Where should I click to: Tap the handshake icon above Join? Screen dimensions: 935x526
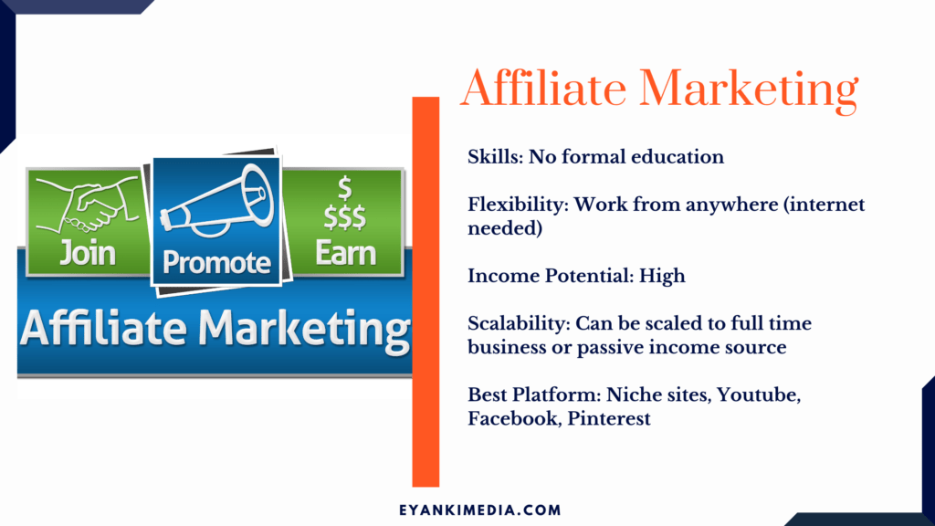coord(88,205)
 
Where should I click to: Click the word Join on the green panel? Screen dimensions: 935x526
coord(87,253)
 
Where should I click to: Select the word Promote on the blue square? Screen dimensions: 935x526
coord(216,262)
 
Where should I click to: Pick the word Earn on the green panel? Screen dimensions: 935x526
coord(345,253)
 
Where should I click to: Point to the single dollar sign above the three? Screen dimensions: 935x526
coord(344,188)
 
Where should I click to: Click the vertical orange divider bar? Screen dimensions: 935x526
coord(425,291)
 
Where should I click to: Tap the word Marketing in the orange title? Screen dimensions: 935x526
coord(749,89)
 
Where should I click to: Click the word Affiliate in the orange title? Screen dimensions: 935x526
coord(543,88)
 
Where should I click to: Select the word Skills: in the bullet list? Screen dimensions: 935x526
coord(495,157)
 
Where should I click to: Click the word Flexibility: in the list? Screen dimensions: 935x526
coord(518,205)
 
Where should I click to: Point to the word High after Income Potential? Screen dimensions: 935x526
coord(662,276)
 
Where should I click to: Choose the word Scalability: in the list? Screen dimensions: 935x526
coord(519,324)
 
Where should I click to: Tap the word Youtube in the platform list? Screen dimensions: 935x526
coord(759,394)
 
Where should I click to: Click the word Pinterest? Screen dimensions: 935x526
coord(609,418)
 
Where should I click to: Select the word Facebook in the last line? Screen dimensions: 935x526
coord(514,418)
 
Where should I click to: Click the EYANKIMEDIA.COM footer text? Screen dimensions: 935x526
coord(480,510)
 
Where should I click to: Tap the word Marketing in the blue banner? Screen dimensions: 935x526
coord(304,329)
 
